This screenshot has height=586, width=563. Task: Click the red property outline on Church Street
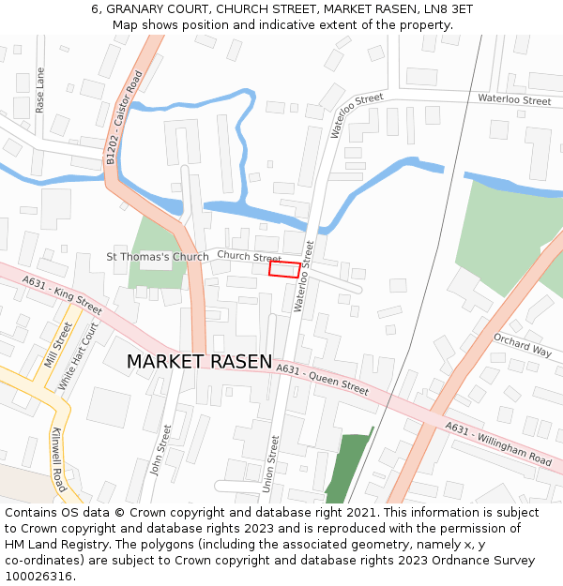tap(284, 269)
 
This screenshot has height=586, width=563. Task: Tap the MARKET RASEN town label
tap(199, 362)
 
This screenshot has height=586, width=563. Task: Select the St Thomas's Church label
tap(158, 256)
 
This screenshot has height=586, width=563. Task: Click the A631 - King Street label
tap(62, 295)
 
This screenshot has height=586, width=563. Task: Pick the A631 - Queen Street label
tap(322, 378)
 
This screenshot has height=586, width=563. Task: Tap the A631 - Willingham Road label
tap(498, 443)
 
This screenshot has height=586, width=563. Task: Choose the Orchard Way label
tap(522, 345)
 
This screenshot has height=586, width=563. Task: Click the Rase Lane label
tap(39, 90)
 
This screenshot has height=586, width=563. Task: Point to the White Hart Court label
tap(78, 356)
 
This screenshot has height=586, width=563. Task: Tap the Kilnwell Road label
tap(59, 459)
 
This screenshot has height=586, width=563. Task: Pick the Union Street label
tap(272, 462)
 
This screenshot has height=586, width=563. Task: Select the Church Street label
tap(249, 257)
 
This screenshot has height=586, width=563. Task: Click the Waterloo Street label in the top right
tap(513, 99)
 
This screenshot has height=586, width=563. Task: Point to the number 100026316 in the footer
tap(39, 577)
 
